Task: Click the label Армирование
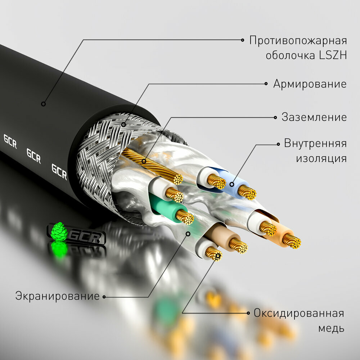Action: tap(310, 84)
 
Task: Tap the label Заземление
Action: tap(314, 117)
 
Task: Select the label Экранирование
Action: tap(57, 296)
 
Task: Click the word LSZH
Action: tap(332, 55)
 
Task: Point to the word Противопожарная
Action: tap(298, 40)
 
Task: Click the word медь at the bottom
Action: tap(331, 328)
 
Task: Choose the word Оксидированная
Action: tap(298, 313)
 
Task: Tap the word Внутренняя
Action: tap(315, 143)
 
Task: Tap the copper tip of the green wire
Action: tap(185, 217)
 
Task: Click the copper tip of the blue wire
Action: tap(247, 193)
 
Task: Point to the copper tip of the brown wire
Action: tap(238, 246)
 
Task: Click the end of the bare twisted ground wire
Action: tap(177, 179)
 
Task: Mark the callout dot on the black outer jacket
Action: tap(43, 104)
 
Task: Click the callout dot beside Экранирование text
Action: tap(104, 297)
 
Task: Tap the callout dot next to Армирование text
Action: tap(266, 84)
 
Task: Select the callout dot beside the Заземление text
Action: tap(275, 117)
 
